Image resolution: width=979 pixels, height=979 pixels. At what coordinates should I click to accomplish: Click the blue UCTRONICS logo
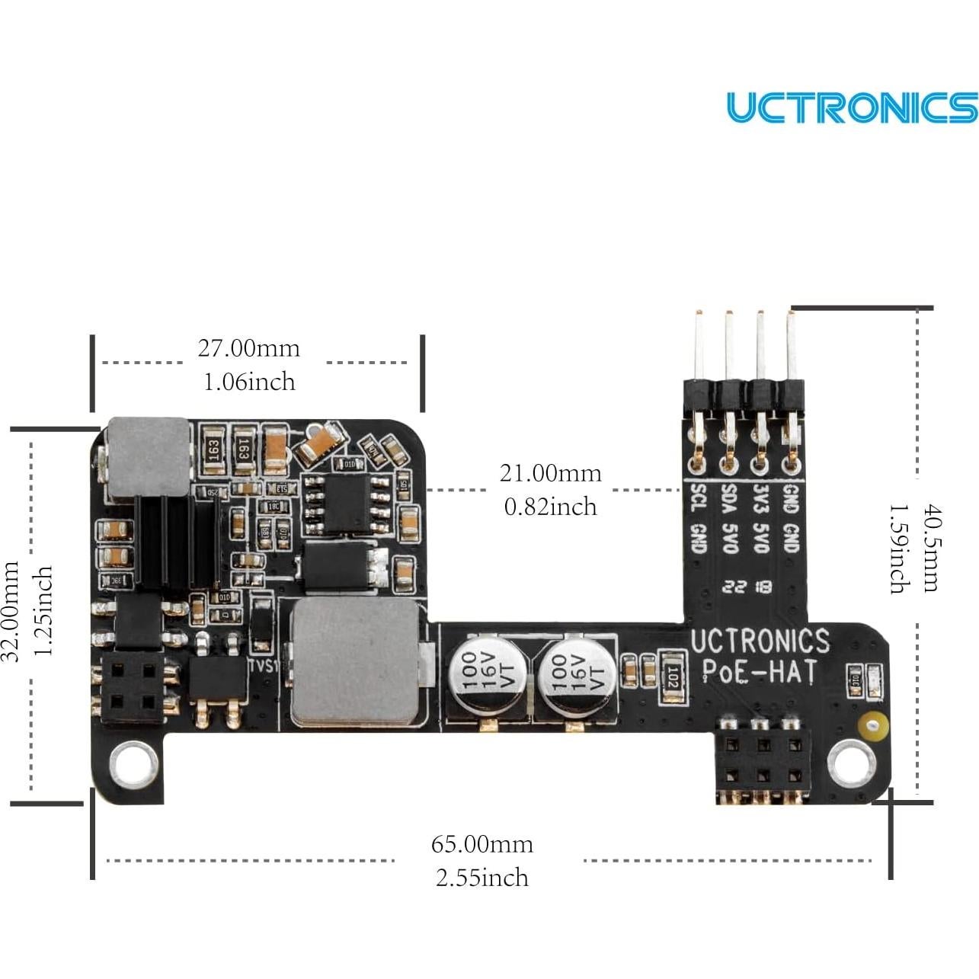click(x=851, y=107)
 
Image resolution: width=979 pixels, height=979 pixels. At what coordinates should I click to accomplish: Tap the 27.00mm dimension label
click(x=249, y=348)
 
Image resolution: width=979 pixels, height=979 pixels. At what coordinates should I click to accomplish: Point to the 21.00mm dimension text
click(x=550, y=473)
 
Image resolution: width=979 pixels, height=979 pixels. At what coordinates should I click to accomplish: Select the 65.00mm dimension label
click(x=482, y=844)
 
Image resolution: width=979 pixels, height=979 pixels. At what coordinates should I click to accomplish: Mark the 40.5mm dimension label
click(x=930, y=548)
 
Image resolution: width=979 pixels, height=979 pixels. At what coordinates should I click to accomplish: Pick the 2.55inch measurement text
click(x=482, y=878)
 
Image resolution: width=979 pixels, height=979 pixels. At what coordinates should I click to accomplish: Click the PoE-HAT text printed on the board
click(x=759, y=672)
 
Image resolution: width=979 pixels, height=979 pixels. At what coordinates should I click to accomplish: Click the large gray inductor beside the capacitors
click(x=355, y=660)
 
